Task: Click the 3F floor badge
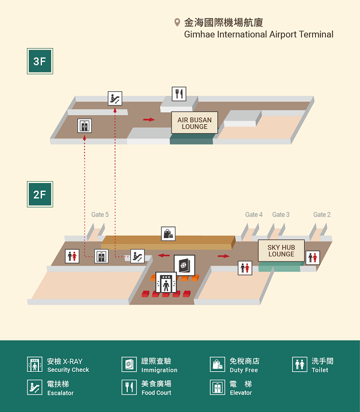coord(40,61)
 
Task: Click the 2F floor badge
coord(40,194)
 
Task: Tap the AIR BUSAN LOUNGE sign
coord(194,123)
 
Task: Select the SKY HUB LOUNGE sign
coord(281,251)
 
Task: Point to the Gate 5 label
coord(100,215)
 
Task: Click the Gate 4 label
coord(254,215)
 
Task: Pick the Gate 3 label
coord(281,215)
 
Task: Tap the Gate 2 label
coord(322,215)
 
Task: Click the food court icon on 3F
coord(179,94)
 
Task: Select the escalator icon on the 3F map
coord(115,98)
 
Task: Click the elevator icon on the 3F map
coord(85,126)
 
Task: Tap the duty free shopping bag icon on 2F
coord(168,234)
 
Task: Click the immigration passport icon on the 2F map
coord(184,265)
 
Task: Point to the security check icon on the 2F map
coord(166,282)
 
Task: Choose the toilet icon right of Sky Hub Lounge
coord(313,258)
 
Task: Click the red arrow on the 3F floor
coord(149,120)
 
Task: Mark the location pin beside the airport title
coord(177,23)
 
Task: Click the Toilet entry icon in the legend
coord(299,365)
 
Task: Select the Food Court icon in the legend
coord(129,387)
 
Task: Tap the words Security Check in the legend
coord(68,369)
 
